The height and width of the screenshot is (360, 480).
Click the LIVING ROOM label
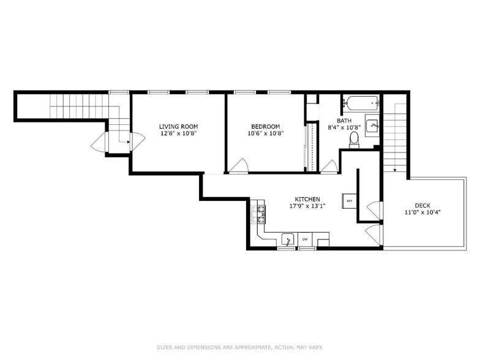click(x=178, y=126)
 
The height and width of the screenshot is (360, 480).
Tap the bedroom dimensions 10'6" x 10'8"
click(x=266, y=133)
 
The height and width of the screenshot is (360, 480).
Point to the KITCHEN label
click(x=307, y=200)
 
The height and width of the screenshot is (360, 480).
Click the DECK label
click(x=422, y=206)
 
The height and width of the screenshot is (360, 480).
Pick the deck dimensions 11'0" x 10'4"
click(x=422, y=212)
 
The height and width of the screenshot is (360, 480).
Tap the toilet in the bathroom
click(x=353, y=141)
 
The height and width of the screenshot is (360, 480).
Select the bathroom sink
click(x=372, y=126)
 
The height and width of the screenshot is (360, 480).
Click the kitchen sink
click(x=287, y=239)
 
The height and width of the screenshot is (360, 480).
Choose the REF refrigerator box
click(x=349, y=201)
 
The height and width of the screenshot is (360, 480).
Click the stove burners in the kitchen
click(x=260, y=214)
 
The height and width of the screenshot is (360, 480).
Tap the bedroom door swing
click(x=239, y=165)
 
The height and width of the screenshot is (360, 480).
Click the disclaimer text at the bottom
click(x=239, y=347)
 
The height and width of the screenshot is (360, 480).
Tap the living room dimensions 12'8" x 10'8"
click(x=178, y=133)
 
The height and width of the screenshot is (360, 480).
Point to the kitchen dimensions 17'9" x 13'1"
click(x=307, y=206)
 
